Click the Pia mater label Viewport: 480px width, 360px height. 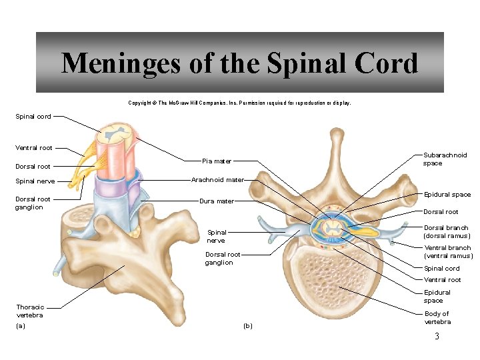[x=217, y=161]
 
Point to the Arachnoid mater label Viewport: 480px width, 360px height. [x=217, y=180]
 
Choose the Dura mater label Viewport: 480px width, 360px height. [x=217, y=201]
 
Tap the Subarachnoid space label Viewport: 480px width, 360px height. [x=445, y=159]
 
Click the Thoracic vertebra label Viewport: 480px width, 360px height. [x=30, y=311]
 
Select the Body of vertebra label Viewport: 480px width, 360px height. [x=437, y=317]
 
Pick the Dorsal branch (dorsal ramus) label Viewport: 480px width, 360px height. [x=447, y=231]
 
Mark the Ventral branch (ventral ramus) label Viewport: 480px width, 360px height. [x=448, y=251]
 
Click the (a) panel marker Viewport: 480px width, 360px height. [x=20, y=326]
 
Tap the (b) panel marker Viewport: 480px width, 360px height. [x=248, y=326]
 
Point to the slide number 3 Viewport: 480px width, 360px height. [x=437, y=337]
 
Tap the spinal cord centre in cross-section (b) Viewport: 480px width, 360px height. [x=331, y=229]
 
